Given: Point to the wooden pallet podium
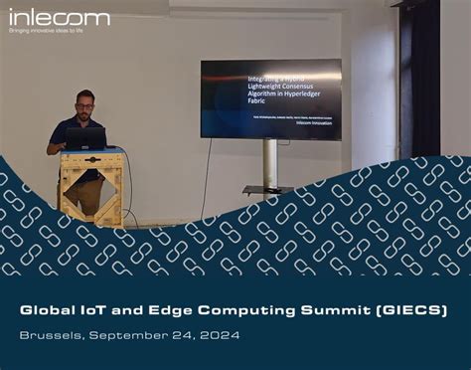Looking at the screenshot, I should [x=90, y=184].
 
